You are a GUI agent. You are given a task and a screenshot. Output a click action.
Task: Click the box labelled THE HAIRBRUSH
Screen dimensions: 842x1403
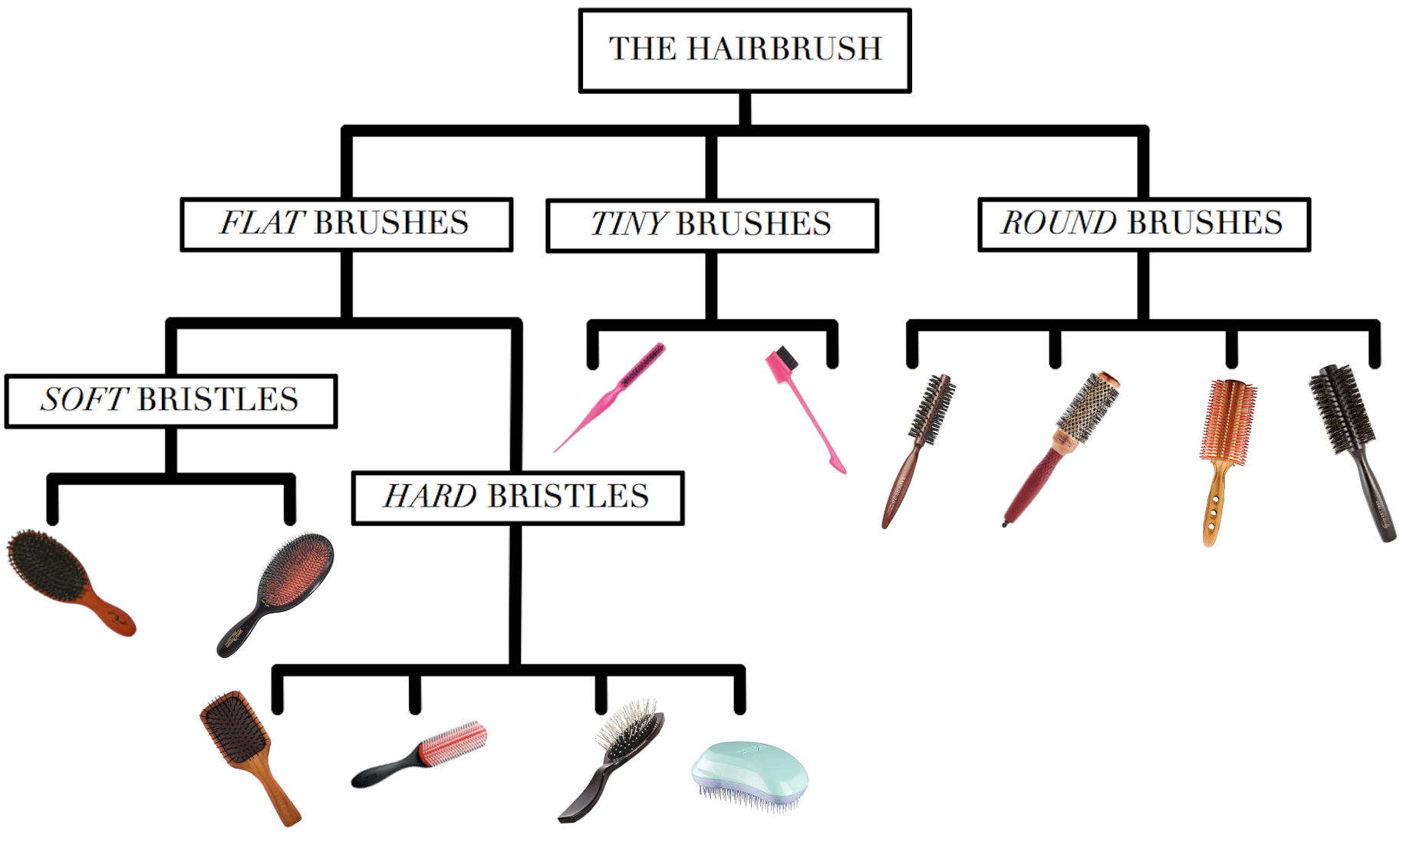(x=745, y=50)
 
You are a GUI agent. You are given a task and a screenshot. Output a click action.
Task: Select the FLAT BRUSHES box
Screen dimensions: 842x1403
(x=346, y=224)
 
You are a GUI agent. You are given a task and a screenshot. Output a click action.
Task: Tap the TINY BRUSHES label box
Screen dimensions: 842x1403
(x=711, y=225)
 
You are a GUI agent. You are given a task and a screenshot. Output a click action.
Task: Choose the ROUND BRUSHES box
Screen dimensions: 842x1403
(x=1143, y=223)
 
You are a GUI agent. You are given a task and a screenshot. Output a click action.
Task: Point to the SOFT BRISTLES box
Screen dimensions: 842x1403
(x=170, y=400)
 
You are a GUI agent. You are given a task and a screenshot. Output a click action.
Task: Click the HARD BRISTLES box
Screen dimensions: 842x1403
(x=517, y=497)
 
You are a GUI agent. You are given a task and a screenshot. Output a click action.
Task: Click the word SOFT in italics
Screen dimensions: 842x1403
(x=84, y=400)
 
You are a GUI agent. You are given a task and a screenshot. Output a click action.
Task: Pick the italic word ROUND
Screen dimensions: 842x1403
(x=1059, y=223)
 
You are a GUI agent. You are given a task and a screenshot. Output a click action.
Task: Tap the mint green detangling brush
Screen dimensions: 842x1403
(x=750, y=771)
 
